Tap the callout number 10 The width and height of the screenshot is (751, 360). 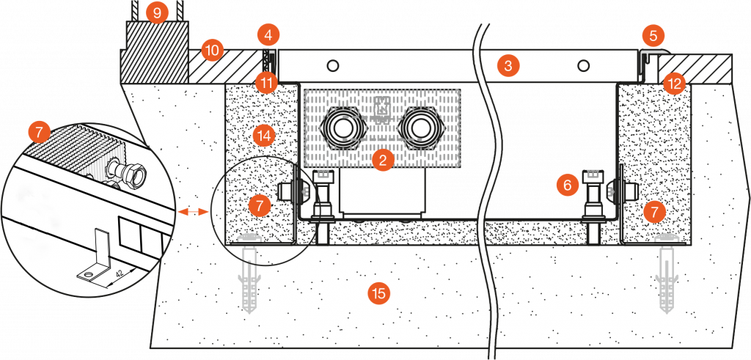point(212,51)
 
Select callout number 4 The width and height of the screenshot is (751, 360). point(268,34)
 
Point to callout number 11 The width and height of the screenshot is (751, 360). point(267,81)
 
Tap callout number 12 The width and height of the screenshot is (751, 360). point(673,83)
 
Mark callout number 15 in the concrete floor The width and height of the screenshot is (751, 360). point(378,294)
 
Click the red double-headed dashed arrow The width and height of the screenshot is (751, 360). point(194,210)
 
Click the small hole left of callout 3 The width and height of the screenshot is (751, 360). point(334,66)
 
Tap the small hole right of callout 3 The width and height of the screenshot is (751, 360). point(583,66)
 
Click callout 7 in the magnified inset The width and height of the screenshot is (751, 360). point(39,133)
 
